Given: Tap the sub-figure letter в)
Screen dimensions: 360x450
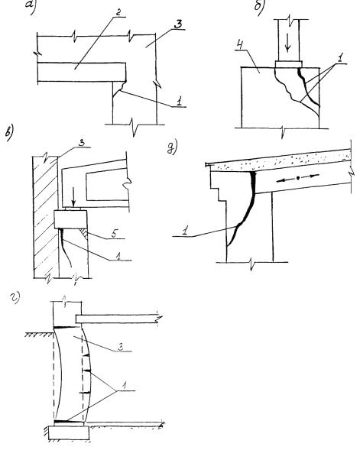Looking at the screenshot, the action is (x=9, y=134).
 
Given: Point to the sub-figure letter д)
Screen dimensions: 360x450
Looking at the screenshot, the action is (x=173, y=147).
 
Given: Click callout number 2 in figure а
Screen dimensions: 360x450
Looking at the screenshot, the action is (x=118, y=13).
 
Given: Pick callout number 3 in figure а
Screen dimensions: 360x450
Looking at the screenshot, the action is (x=178, y=24).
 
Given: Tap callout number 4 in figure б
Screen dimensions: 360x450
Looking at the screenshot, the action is (x=241, y=45).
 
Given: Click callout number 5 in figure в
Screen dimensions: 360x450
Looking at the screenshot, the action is (x=114, y=235).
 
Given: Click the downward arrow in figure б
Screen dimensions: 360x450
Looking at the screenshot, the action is (x=287, y=45).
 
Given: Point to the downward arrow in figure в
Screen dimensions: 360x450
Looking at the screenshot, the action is (x=74, y=199).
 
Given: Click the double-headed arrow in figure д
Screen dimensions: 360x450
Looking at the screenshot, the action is (x=298, y=178).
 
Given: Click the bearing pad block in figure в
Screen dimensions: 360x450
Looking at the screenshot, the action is (x=70, y=219).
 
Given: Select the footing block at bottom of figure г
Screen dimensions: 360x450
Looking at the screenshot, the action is (x=69, y=432).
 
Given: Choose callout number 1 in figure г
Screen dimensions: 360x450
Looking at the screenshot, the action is (x=125, y=386).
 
